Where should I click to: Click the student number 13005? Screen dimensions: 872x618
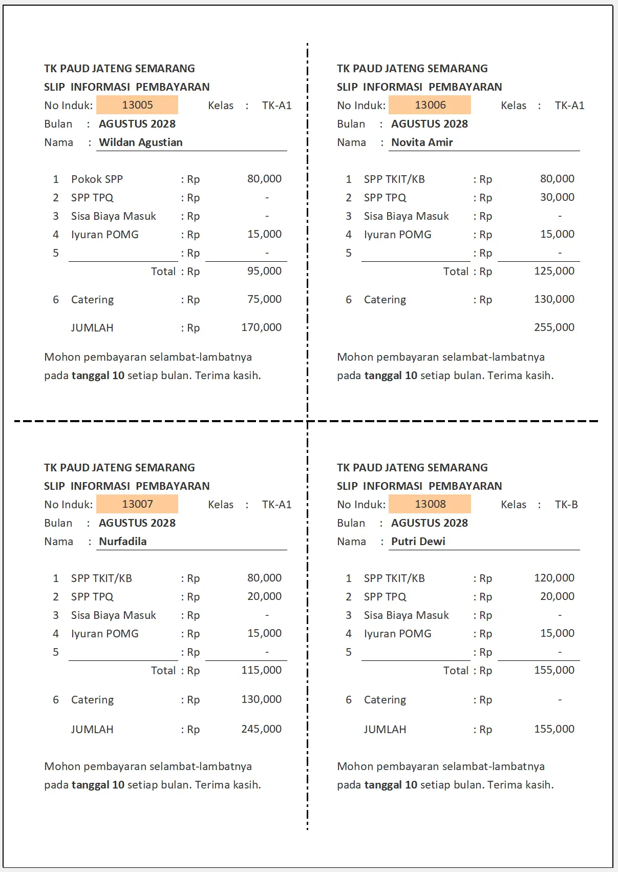coord(137,105)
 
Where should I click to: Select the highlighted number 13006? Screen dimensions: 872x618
coord(430,105)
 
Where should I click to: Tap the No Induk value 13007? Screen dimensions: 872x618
coord(137,504)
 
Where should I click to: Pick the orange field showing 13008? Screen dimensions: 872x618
coord(430,504)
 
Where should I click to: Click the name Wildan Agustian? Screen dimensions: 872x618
coord(141,142)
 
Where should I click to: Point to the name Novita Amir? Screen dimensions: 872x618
coord(422,142)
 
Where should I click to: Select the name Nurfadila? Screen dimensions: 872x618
coord(123,542)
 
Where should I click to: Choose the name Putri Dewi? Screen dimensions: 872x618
coord(418,542)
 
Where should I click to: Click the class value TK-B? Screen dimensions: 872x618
coord(566,505)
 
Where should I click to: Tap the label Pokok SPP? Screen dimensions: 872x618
coord(97,179)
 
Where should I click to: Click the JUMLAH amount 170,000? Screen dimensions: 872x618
coord(262,327)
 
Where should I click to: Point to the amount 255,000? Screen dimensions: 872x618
coord(554,327)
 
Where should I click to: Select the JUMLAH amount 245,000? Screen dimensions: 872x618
coord(262,729)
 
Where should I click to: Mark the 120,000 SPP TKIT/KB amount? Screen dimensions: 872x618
coord(554,578)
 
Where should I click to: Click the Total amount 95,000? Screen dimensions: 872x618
coord(264,271)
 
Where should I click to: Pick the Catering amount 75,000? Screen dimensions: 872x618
coord(264,299)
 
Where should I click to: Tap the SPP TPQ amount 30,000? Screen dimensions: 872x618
coord(557,197)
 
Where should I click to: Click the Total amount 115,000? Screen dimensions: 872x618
coord(262,670)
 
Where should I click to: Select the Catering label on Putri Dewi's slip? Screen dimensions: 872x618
coord(385,700)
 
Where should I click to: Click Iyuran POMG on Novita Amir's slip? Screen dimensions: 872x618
coord(397,235)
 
